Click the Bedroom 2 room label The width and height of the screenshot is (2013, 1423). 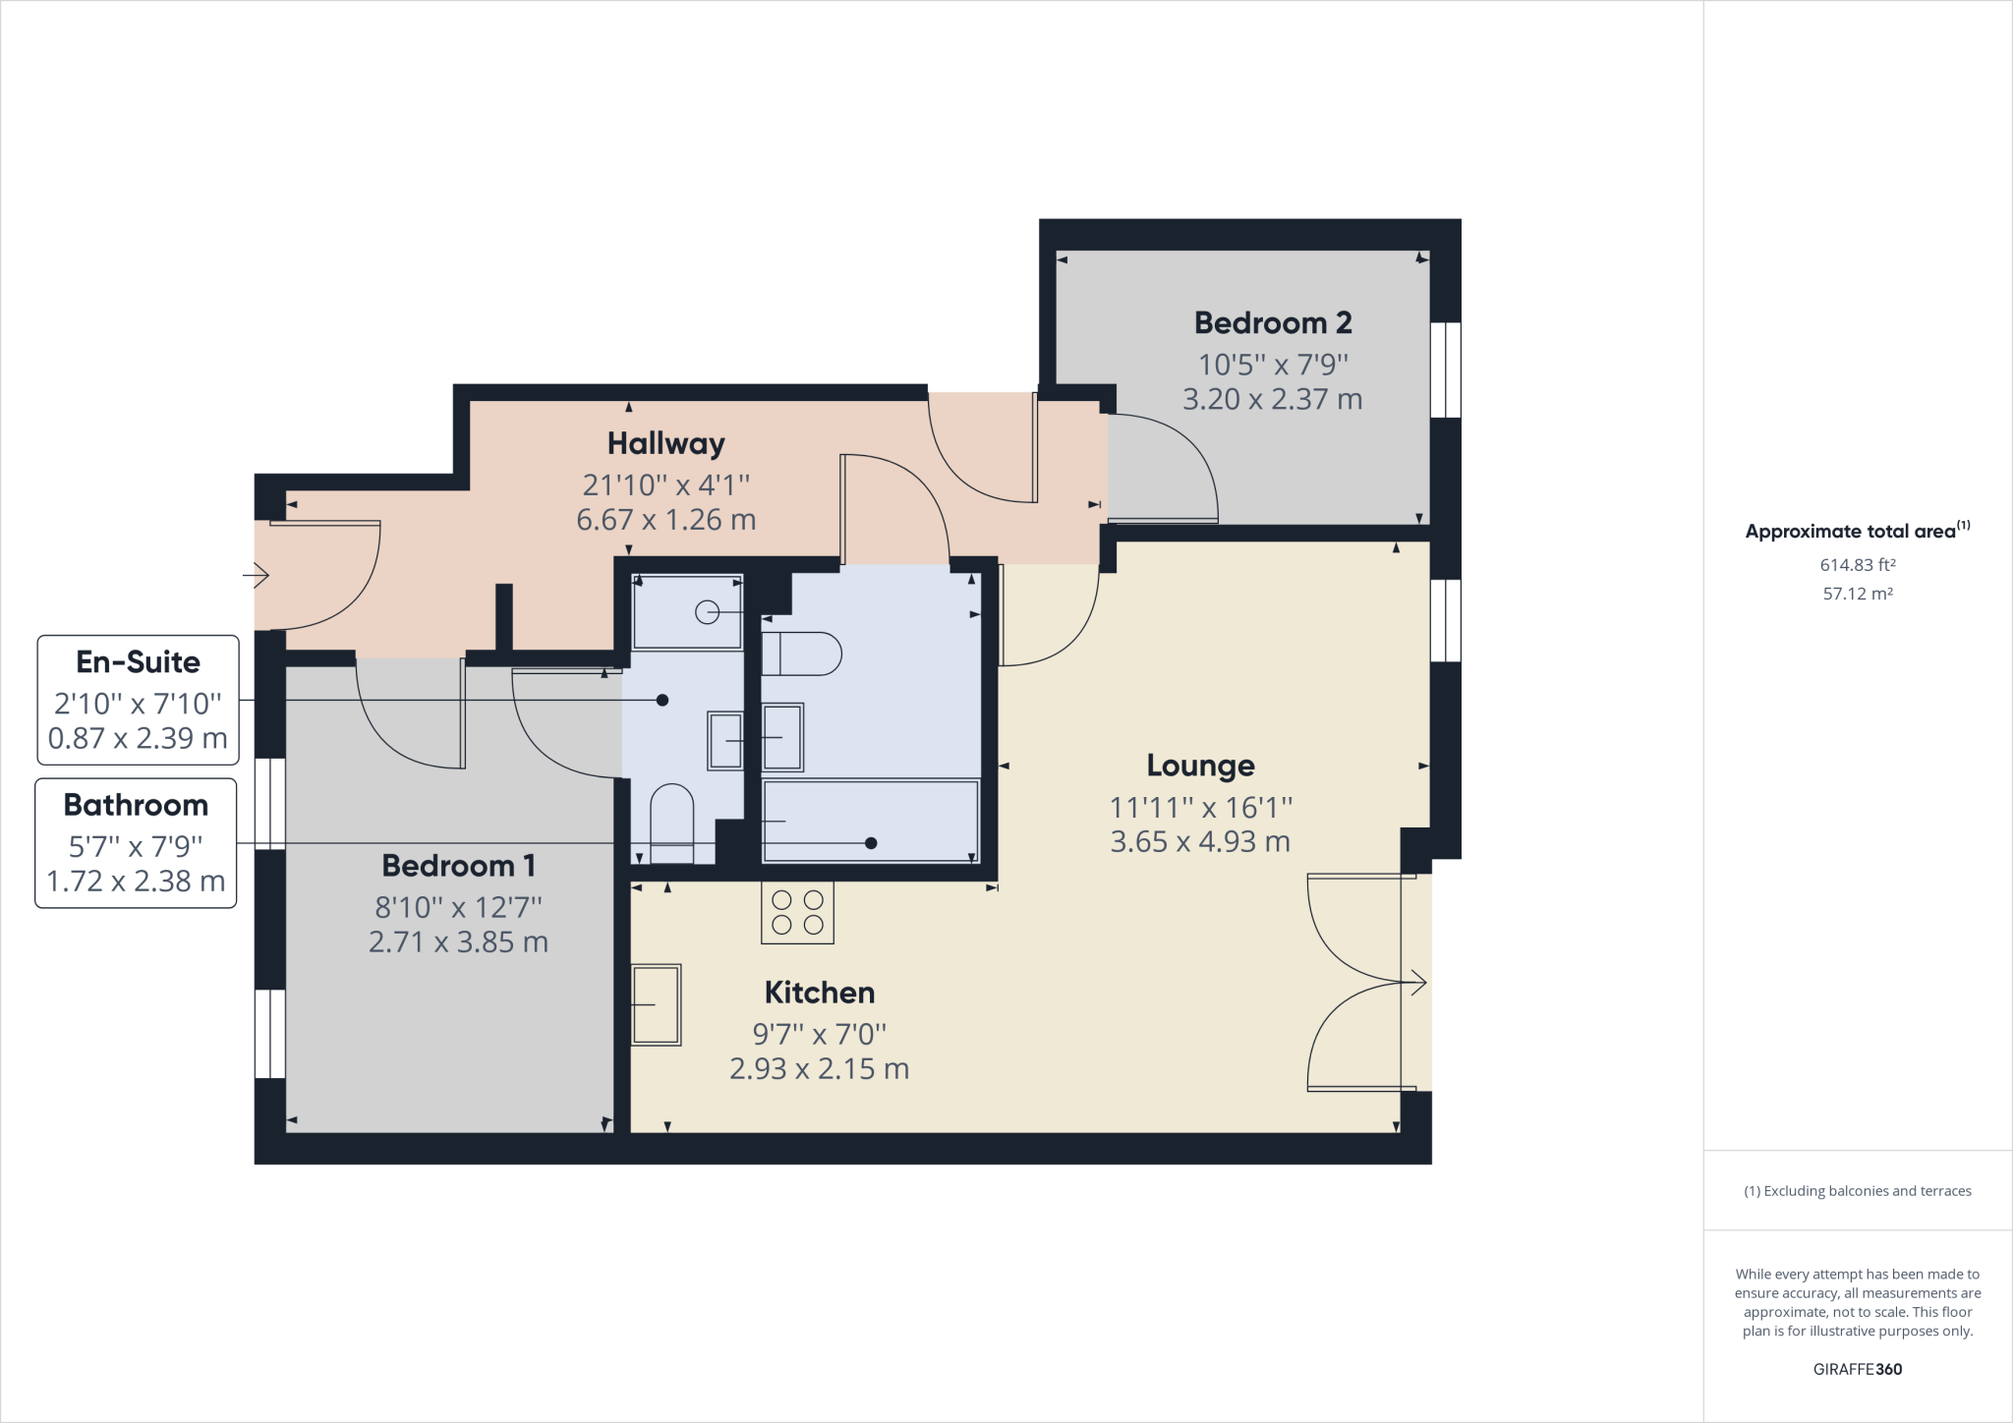pyautogui.click(x=1272, y=323)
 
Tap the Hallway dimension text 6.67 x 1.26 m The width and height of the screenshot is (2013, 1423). pyautogui.click(x=665, y=520)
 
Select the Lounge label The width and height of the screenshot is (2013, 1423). pyautogui.click(x=1200, y=766)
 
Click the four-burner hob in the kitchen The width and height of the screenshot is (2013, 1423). pyautogui.click(x=797, y=912)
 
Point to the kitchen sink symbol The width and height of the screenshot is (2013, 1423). pyautogui.click(x=656, y=1004)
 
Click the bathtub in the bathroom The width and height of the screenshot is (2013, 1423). pyautogui.click(x=871, y=822)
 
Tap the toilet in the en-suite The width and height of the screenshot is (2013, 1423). pyautogui.click(x=671, y=822)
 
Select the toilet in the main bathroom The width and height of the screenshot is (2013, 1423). pyautogui.click(x=801, y=654)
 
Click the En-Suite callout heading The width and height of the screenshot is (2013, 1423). pyautogui.click(x=138, y=662)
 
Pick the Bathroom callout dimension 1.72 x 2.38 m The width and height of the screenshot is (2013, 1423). pyautogui.click(x=136, y=882)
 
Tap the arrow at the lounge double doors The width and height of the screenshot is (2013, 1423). pyautogui.click(x=1415, y=981)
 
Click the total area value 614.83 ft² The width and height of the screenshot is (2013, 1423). pyautogui.click(x=1857, y=565)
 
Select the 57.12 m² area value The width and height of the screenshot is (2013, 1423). pyautogui.click(x=1857, y=594)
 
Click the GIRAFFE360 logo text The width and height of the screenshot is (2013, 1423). pyautogui.click(x=1857, y=1369)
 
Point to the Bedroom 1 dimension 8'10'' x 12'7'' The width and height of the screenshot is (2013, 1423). pyautogui.click(x=458, y=906)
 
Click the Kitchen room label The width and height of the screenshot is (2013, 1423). pyautogui.click(x=819, y=993)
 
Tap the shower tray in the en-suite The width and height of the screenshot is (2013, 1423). pyautogui.click(x=686, y=612)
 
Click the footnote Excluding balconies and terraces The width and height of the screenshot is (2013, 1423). pyautogui.click(x=1857, y=1191)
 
